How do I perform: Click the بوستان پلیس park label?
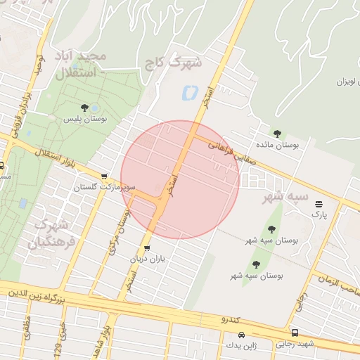click(x=84, y=120)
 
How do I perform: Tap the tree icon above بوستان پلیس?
click(x=84, y=108)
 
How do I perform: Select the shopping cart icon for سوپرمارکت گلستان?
click(x=105, y=176)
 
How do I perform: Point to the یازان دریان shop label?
click(x=146, y=259)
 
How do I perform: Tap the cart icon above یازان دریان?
click(x=146, y=247)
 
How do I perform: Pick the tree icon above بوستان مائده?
click(x=277, y=133)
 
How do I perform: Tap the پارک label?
click(x=319, y=212)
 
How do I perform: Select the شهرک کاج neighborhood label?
click(x=172, y=63)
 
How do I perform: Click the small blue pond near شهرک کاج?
click(x=189, y=93)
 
